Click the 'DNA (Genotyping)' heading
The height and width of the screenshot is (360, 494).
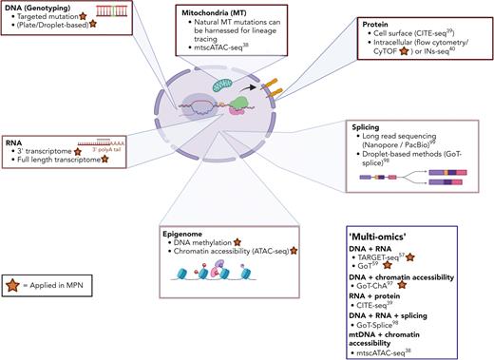tap(36, 9)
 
